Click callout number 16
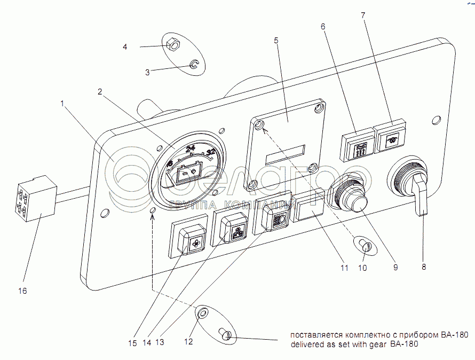pyautogui.click(x=22, y=291)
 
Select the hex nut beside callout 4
pyautogui.click(x=172, y=44)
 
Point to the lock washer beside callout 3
pyautogui.click(x=195, y=65)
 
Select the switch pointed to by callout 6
pyautogui.click(x=358, y=143)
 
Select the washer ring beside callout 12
pyautogui.click(x=200, y=314)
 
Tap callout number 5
pyautogui.click(x=276, y=41)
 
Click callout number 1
pyautogui.click(x=62, y=105)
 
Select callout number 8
pyautogui.click(x=423, y=267)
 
